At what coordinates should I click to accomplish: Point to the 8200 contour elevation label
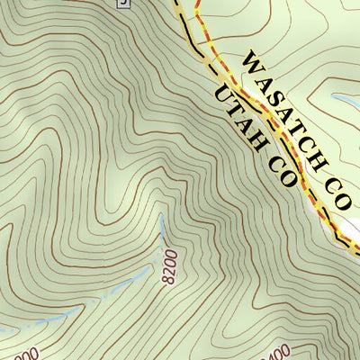[x=171, y=268]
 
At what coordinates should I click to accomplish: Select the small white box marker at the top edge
[x=123, y=4]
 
